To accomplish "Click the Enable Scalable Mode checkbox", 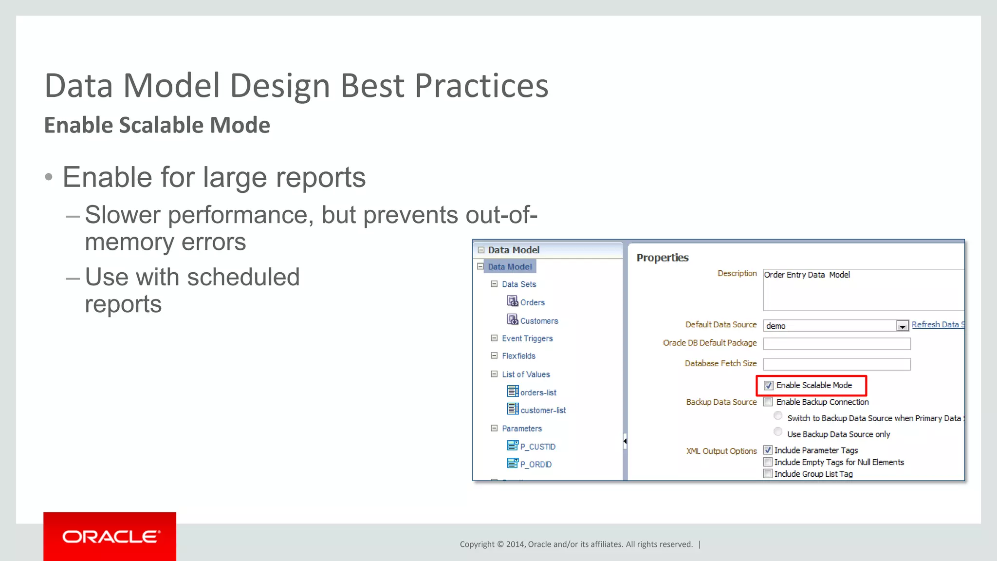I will coord(769,386).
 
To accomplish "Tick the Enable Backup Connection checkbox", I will coord(768,402).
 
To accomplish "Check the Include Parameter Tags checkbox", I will coord(768,450).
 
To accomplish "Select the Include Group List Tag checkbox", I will coord(768,474).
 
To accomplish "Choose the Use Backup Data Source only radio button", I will coord(778,432).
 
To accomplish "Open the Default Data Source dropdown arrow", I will coord(902,326).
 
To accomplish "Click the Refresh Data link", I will coord(937,325).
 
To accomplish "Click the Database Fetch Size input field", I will coord(836,364).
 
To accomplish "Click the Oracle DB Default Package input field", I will coord(836,344).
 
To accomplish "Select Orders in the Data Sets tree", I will coord(532,302).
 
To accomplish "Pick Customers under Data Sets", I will coord(539,321).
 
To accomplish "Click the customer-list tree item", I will coord(543,411).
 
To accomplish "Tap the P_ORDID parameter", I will coord(535,465).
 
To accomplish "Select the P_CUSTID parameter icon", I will coord(513,446).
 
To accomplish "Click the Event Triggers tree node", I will coord(527,338).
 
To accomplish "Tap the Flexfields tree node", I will coord(518,356).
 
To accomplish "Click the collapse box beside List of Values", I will coord(494,374).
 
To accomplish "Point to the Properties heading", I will coord(662,258).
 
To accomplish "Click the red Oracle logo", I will coord(110,536).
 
